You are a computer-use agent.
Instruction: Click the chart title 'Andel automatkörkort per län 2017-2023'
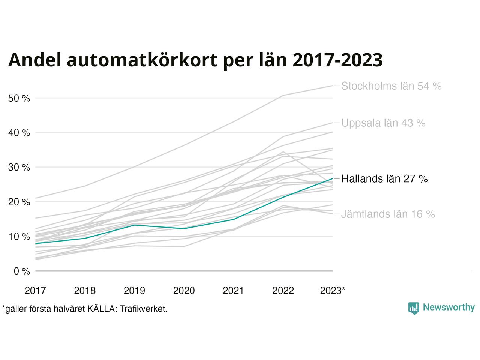tap(195, 60)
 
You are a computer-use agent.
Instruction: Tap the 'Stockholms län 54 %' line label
tap(391, 86)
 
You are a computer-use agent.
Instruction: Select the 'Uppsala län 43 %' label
tap(383, 123)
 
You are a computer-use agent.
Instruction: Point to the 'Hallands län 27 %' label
tap(384, 179)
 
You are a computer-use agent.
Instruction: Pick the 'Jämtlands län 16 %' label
tap(388, 214)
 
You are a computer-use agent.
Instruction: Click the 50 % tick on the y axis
tap(19, 99)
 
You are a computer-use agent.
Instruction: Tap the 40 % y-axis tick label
tap(19, 133)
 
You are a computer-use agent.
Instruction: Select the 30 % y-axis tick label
tap(19, 168)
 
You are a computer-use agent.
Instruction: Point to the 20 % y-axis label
tap(19, 202)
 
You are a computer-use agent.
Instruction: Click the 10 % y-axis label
tap(19, 237)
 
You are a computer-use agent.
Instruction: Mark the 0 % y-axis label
tap(22, 271)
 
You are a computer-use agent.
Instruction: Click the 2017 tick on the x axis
tap(35, 291)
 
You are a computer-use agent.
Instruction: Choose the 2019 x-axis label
tap(134, 291)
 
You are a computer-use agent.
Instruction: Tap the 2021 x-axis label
tap(233, 291)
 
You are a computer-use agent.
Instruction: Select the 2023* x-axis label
tap(333, 291)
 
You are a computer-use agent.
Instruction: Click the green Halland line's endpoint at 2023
tap(333, 178)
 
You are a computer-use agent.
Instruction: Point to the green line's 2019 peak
tap(134, 225)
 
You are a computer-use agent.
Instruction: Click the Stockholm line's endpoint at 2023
tap(333, 85)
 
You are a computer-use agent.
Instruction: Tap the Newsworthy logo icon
tap(413, 308)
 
